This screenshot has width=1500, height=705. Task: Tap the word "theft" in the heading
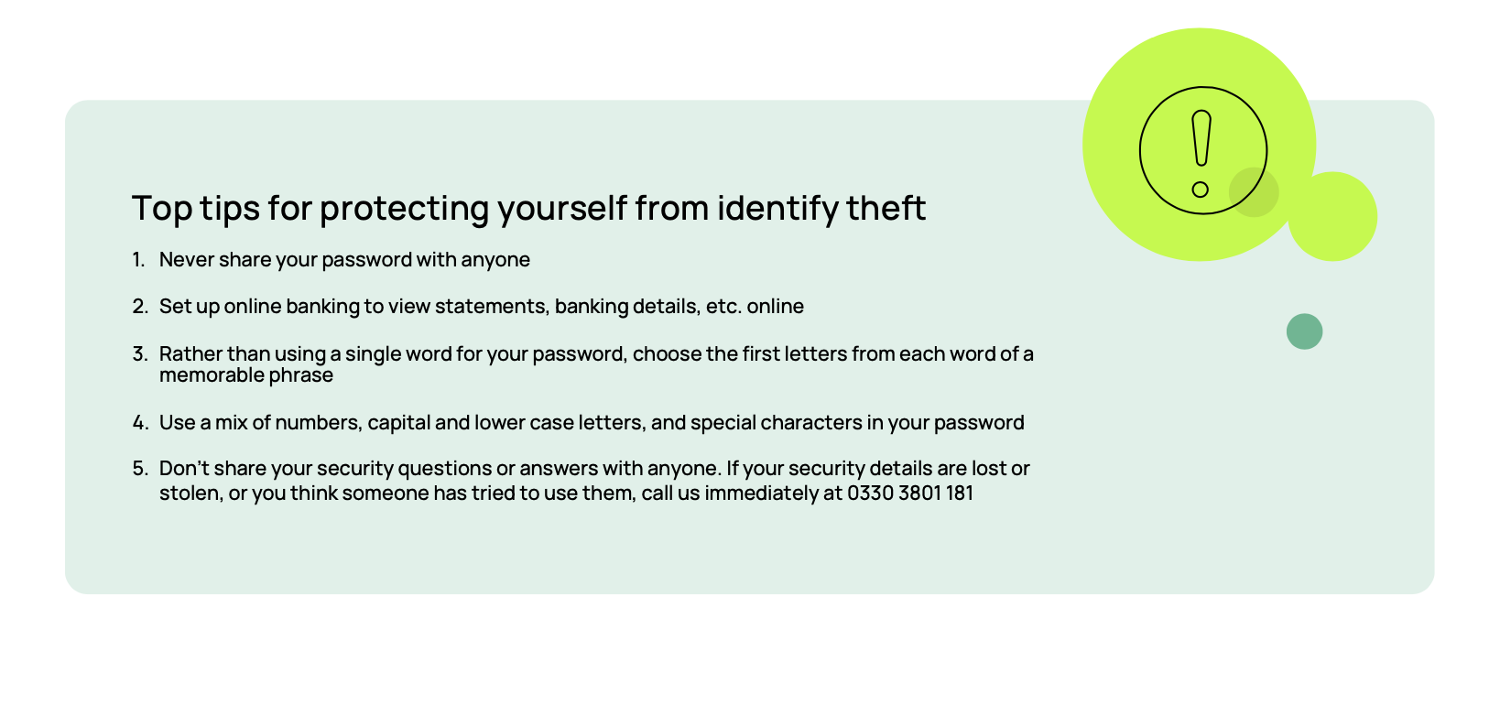tap(886, 209)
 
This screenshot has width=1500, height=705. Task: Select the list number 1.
tap(138, 260)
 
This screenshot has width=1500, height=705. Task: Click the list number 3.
tap(139, 354)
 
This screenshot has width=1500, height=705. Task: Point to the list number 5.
tap(139, 469)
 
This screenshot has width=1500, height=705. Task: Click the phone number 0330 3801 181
tap(909, 493)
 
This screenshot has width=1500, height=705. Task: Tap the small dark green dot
tap(1304, 331)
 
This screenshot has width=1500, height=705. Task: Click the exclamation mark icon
tap(1202, 151)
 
